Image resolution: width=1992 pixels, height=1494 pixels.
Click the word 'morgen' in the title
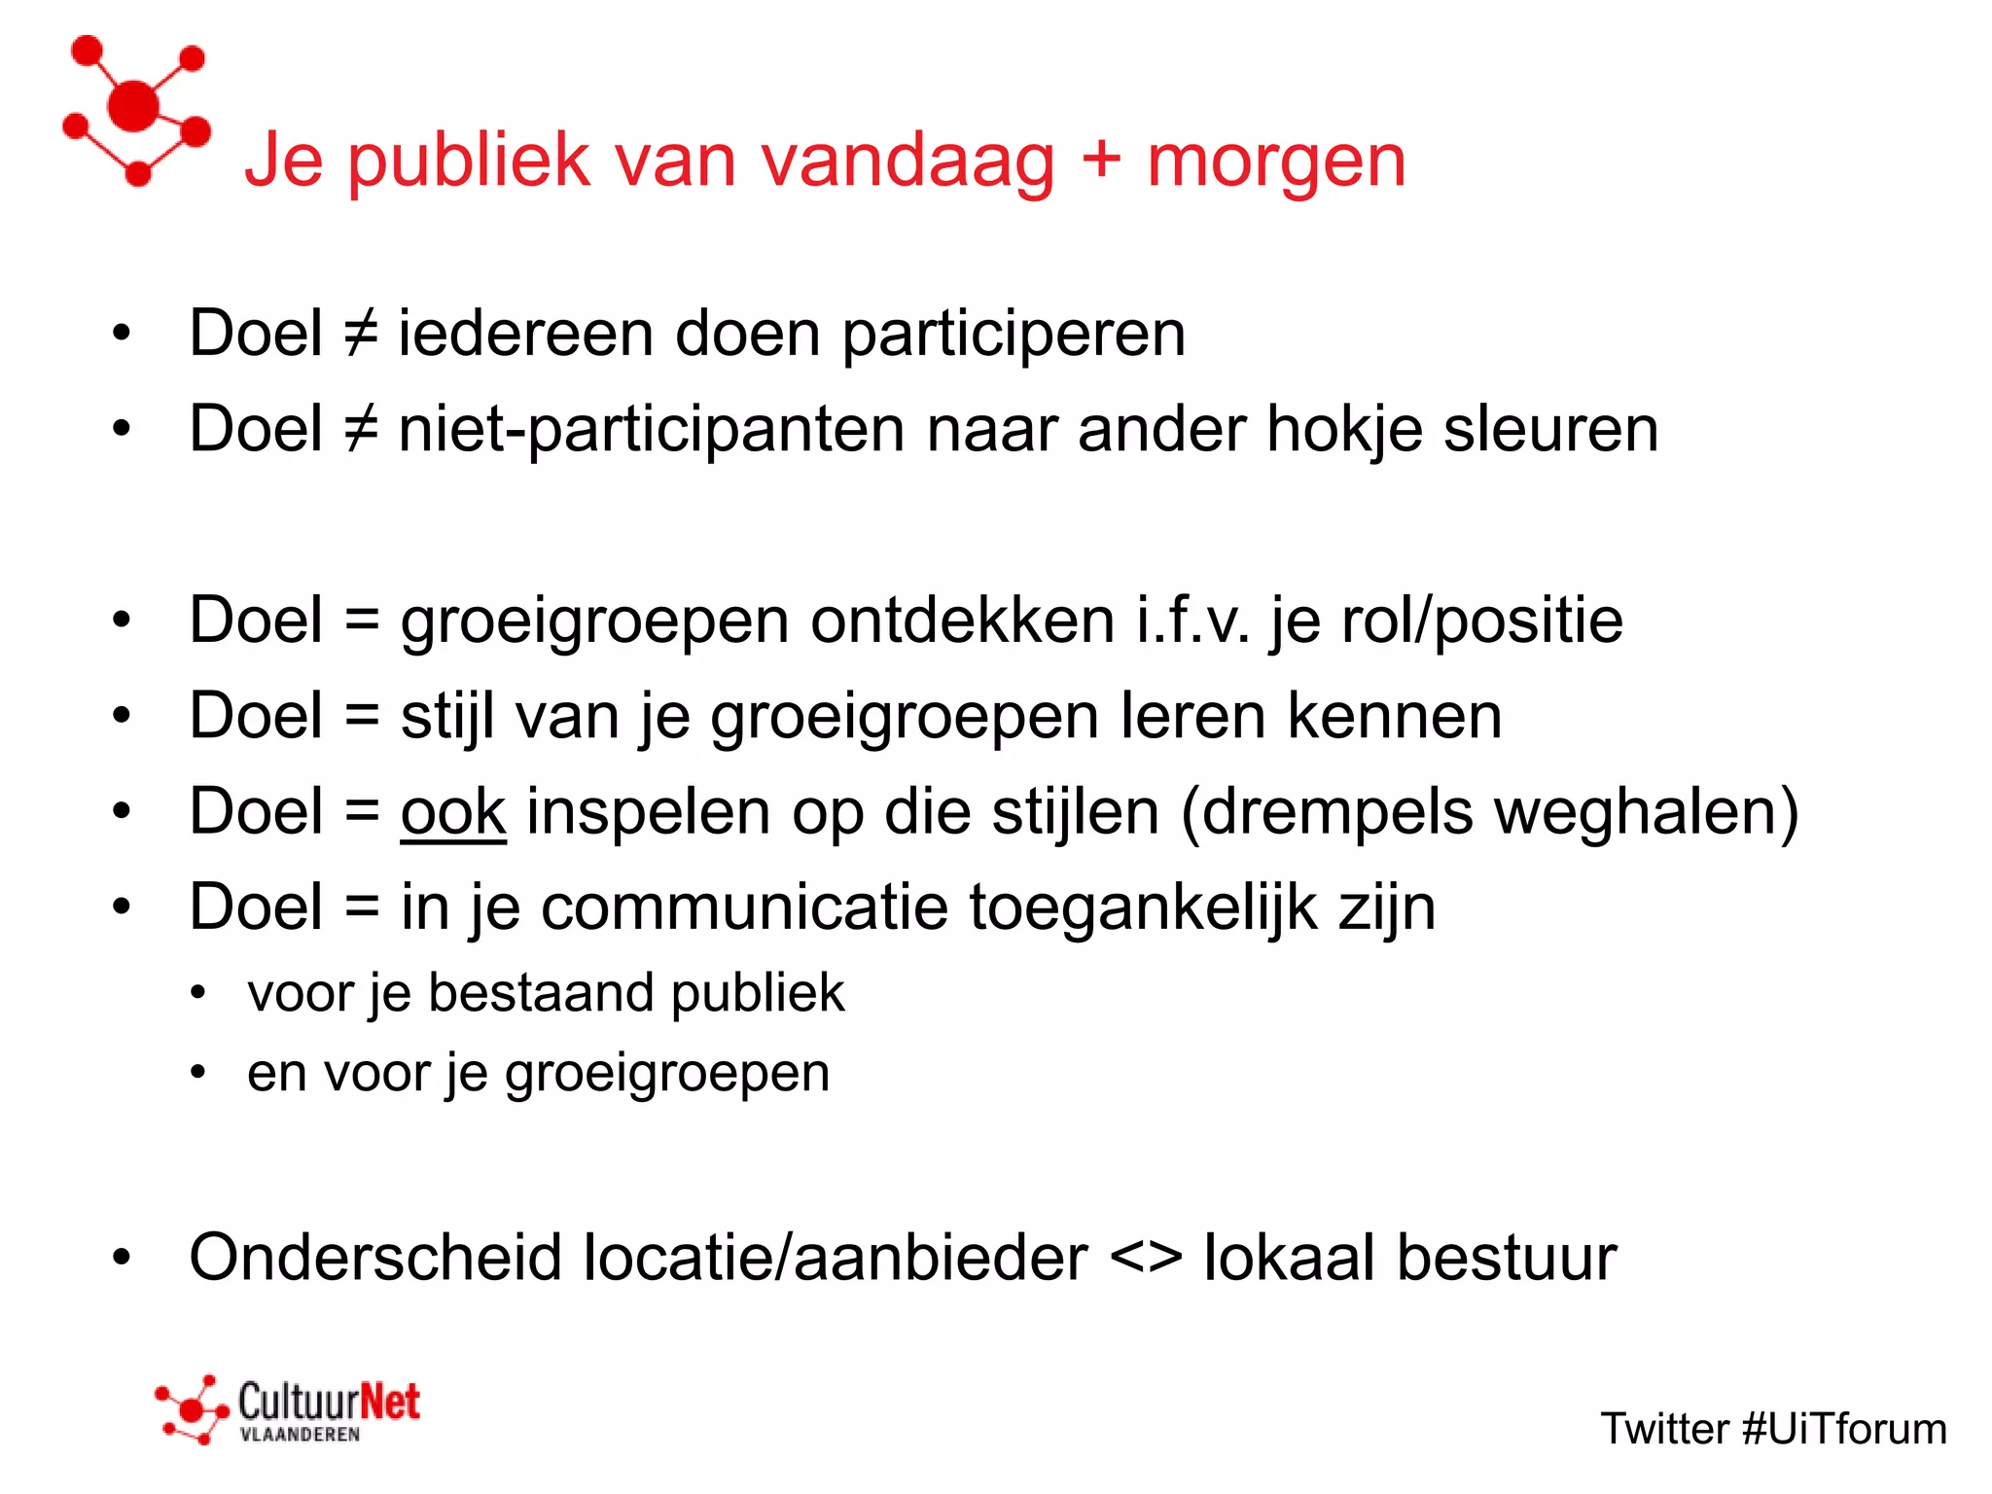[x=1276, y=163]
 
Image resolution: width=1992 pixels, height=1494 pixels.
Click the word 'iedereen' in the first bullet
[x=525, y=334]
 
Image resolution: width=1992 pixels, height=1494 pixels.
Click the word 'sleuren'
[x=1550, y=429]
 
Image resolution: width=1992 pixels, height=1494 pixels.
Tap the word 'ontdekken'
[x=962, y=620]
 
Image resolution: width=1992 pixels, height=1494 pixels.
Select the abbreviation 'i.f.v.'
[x=1193, y=620]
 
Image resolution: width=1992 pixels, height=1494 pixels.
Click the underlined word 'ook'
[x=453, y=811]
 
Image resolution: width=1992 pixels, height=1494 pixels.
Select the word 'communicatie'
[x=744, y=907]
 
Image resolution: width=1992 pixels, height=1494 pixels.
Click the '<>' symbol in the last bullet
[x=1146, y=1258]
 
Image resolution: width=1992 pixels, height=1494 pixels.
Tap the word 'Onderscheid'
[x=375, y=1258]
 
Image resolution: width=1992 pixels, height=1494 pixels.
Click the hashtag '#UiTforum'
[x=1844, y=1429]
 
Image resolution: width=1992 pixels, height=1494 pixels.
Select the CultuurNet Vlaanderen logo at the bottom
[x=288, y=1409]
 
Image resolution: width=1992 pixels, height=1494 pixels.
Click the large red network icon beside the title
[x=136, y=109]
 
